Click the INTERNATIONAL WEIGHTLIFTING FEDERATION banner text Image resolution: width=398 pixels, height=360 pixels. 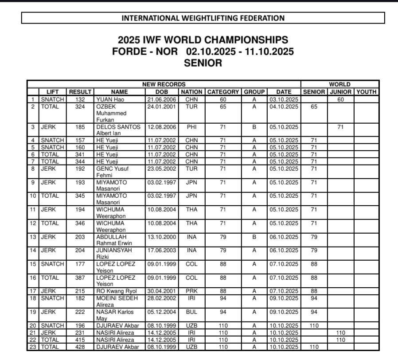pos(203,18)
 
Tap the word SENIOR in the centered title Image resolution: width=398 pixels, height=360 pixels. pos(203,63)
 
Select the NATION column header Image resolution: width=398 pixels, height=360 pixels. pos(191,92)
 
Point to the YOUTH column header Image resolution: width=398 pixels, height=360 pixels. pos(366,92)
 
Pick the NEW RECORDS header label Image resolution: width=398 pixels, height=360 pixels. pos(164,84)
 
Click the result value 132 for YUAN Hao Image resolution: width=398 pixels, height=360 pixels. pos(80,100)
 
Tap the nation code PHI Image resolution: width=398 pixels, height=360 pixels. pos(191,127)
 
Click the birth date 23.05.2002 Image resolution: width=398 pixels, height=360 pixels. pos(162,168)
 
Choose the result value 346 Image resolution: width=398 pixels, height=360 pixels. pos(80,223)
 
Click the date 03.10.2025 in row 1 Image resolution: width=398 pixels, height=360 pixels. pos(284,100)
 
